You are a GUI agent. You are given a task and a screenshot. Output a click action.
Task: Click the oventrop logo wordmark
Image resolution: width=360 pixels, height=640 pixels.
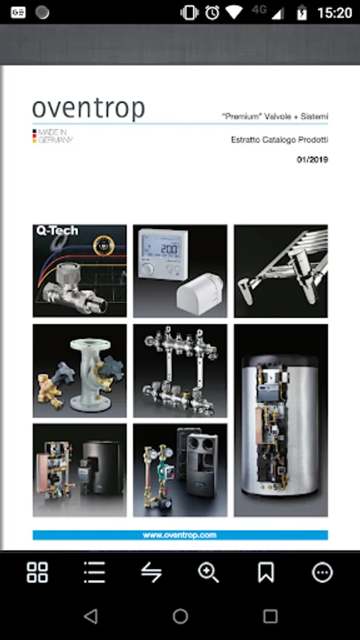88,108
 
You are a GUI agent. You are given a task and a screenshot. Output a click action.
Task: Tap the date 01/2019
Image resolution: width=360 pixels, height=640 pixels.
312,159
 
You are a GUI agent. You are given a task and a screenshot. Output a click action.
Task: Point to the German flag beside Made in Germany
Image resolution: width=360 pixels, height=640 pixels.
35,137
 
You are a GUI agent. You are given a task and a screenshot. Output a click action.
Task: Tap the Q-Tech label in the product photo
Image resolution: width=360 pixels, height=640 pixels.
57,230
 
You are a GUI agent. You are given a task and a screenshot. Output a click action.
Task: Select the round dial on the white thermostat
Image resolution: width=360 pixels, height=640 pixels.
148,268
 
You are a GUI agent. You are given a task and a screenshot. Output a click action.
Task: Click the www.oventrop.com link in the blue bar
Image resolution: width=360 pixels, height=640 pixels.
179,535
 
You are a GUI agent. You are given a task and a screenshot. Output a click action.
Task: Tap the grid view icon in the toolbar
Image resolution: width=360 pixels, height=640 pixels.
37,572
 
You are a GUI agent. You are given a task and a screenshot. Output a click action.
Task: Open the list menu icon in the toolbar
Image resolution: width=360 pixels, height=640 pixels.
95,572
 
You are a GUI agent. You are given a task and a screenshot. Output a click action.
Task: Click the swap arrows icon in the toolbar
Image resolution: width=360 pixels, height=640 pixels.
152,572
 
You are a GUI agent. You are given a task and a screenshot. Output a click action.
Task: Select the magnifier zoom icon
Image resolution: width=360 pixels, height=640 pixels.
208,572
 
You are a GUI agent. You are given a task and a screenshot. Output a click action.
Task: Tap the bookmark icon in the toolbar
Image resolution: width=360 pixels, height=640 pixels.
265,572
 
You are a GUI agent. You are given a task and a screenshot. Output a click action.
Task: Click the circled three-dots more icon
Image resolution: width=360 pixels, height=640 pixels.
322,572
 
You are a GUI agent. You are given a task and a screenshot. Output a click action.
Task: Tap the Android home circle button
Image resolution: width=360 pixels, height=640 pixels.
180,616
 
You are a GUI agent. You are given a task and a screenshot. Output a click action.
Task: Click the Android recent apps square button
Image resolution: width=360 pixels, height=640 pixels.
270,616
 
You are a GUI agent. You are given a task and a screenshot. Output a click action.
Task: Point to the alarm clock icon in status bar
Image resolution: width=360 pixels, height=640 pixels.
212,13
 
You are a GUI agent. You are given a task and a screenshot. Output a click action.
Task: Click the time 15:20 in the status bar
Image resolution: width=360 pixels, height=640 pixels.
334,13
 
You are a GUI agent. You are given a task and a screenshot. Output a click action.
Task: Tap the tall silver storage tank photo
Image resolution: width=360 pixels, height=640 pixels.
281,420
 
